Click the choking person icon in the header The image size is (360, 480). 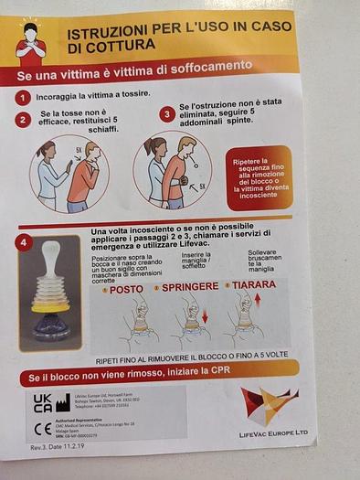click(x=33, y=37)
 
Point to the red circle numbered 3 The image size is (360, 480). click(x=167, y=114)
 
